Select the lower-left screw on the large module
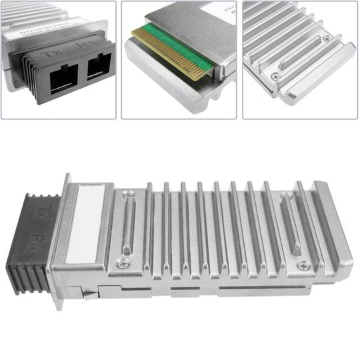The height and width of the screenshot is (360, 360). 121,264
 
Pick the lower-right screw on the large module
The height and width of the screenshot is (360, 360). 304,265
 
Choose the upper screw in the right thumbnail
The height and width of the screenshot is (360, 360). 326,38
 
